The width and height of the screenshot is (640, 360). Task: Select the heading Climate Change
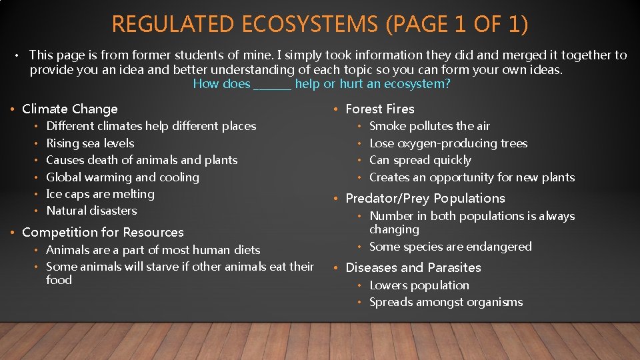click(x=69, y=109)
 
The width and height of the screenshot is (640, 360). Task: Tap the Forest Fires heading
click(x=380, y=109)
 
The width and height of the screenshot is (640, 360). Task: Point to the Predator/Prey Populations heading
click(x=425, y=198)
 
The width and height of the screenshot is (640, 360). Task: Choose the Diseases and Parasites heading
click(x=413, y=267)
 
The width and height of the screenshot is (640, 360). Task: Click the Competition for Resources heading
click(x=103, y=232)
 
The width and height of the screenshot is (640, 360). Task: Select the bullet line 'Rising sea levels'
click(x=90, y=143)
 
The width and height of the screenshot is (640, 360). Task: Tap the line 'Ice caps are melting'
click(x=100, y=194)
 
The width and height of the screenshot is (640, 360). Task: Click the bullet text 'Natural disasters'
click(x=91, y=211)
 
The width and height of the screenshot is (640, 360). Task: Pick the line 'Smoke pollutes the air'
click(x=429, y=126)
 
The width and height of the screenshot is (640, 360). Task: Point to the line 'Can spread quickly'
click(x=420, y=160)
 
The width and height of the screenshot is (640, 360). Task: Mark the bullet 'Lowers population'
click(x=419, y=285)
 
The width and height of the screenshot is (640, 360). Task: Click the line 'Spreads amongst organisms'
click(x=446, y=302)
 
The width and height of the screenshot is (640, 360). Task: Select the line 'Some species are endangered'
click(x=451, y=247)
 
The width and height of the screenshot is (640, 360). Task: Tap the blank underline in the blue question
click(x=272, y=85)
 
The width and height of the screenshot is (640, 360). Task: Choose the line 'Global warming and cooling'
click(x=123, y=177)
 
